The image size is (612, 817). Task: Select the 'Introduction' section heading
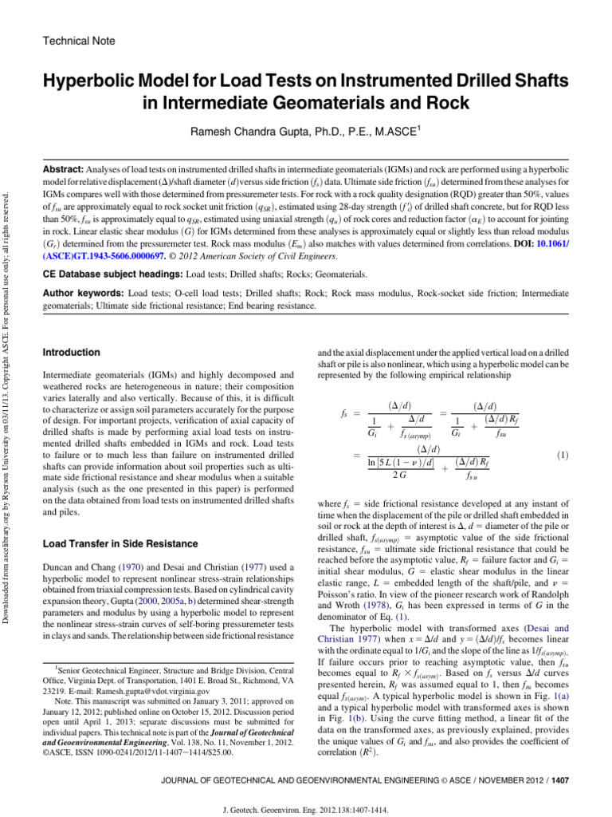point(72,353)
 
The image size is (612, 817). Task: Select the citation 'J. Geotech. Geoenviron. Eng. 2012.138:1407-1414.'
point(306,808)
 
